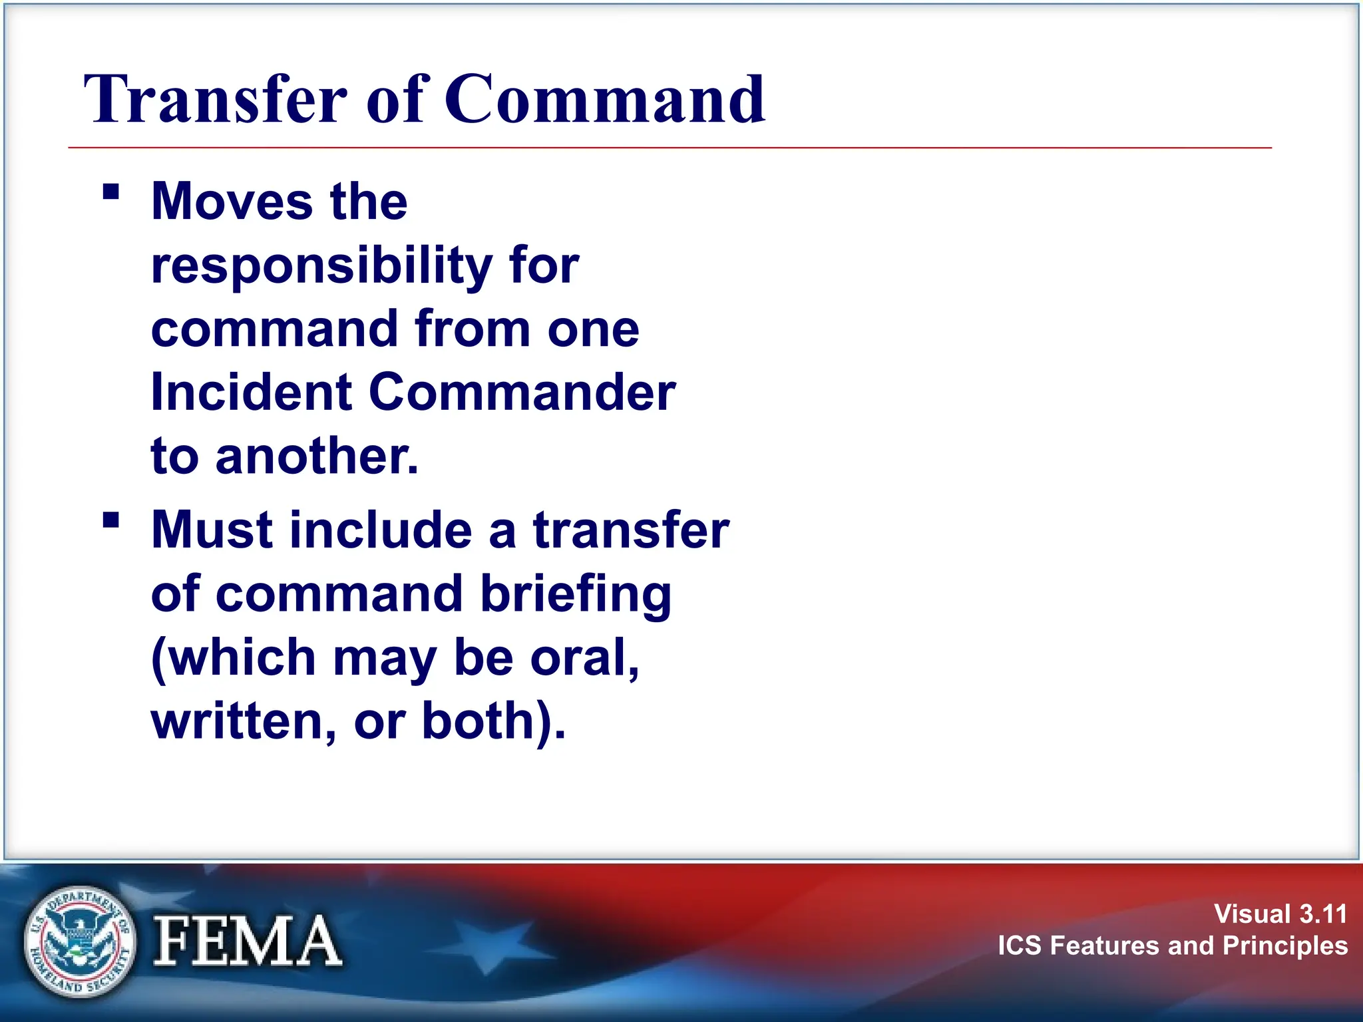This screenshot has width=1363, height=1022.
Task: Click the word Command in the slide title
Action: pos(605,100)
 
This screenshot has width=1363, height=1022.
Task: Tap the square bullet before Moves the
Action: pos(111,192)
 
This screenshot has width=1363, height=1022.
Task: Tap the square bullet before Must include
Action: pos(111,519)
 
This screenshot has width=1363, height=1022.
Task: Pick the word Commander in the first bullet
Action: pos(522,393)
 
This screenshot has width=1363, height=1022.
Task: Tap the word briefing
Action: pos(576,594)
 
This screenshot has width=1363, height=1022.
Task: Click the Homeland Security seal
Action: pos(79,941)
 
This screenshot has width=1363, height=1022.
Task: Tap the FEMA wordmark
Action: pos(247,941)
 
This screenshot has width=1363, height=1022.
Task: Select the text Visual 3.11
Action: pos(1280,914)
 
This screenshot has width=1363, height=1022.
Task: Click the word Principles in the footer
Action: pos(1284,945)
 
